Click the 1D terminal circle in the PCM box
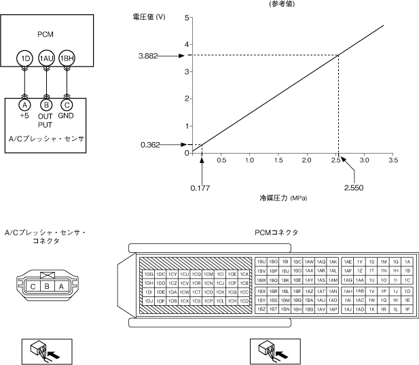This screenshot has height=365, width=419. tap(26, 58)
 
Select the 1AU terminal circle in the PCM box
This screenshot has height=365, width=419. tap(46, 58)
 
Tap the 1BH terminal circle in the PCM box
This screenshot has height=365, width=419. tap(67, 58)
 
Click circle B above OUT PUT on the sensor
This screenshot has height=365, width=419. tap(46, 105)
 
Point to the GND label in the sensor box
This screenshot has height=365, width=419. tap(67, 116)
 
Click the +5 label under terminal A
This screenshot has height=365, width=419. tap(24, 116)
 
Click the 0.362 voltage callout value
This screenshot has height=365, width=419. tap(151, 144)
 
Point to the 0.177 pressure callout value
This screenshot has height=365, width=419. tap(200, 186)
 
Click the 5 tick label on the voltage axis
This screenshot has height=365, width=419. tap(187, 17)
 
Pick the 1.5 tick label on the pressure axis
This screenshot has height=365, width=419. tap(278, 160)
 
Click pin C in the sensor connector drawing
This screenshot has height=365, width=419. tap(32, 287)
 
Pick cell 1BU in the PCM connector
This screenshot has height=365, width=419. tap(261, 261)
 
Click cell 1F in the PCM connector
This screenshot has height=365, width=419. tap(407, 309)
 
